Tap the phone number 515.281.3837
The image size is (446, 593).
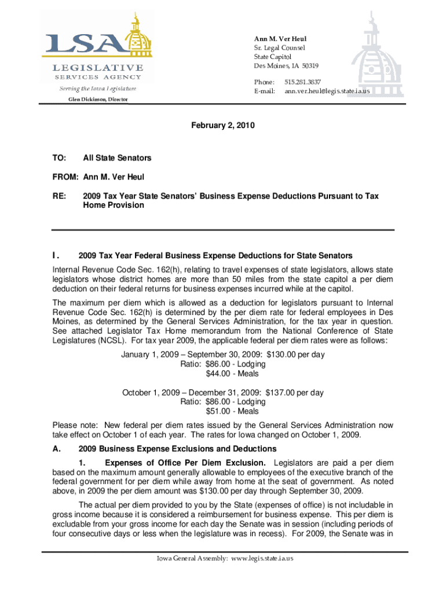pyautogui.click(x=303, y=82)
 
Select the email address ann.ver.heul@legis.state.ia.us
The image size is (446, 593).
pyautogui.click(x=327, y=91)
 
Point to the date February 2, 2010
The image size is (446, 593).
pyautogui.click(x=223, y=126)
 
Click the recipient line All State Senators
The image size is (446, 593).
pyautogui.click(x=117, y=158)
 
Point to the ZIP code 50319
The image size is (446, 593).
pyautogui.click(x=308, y=65)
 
